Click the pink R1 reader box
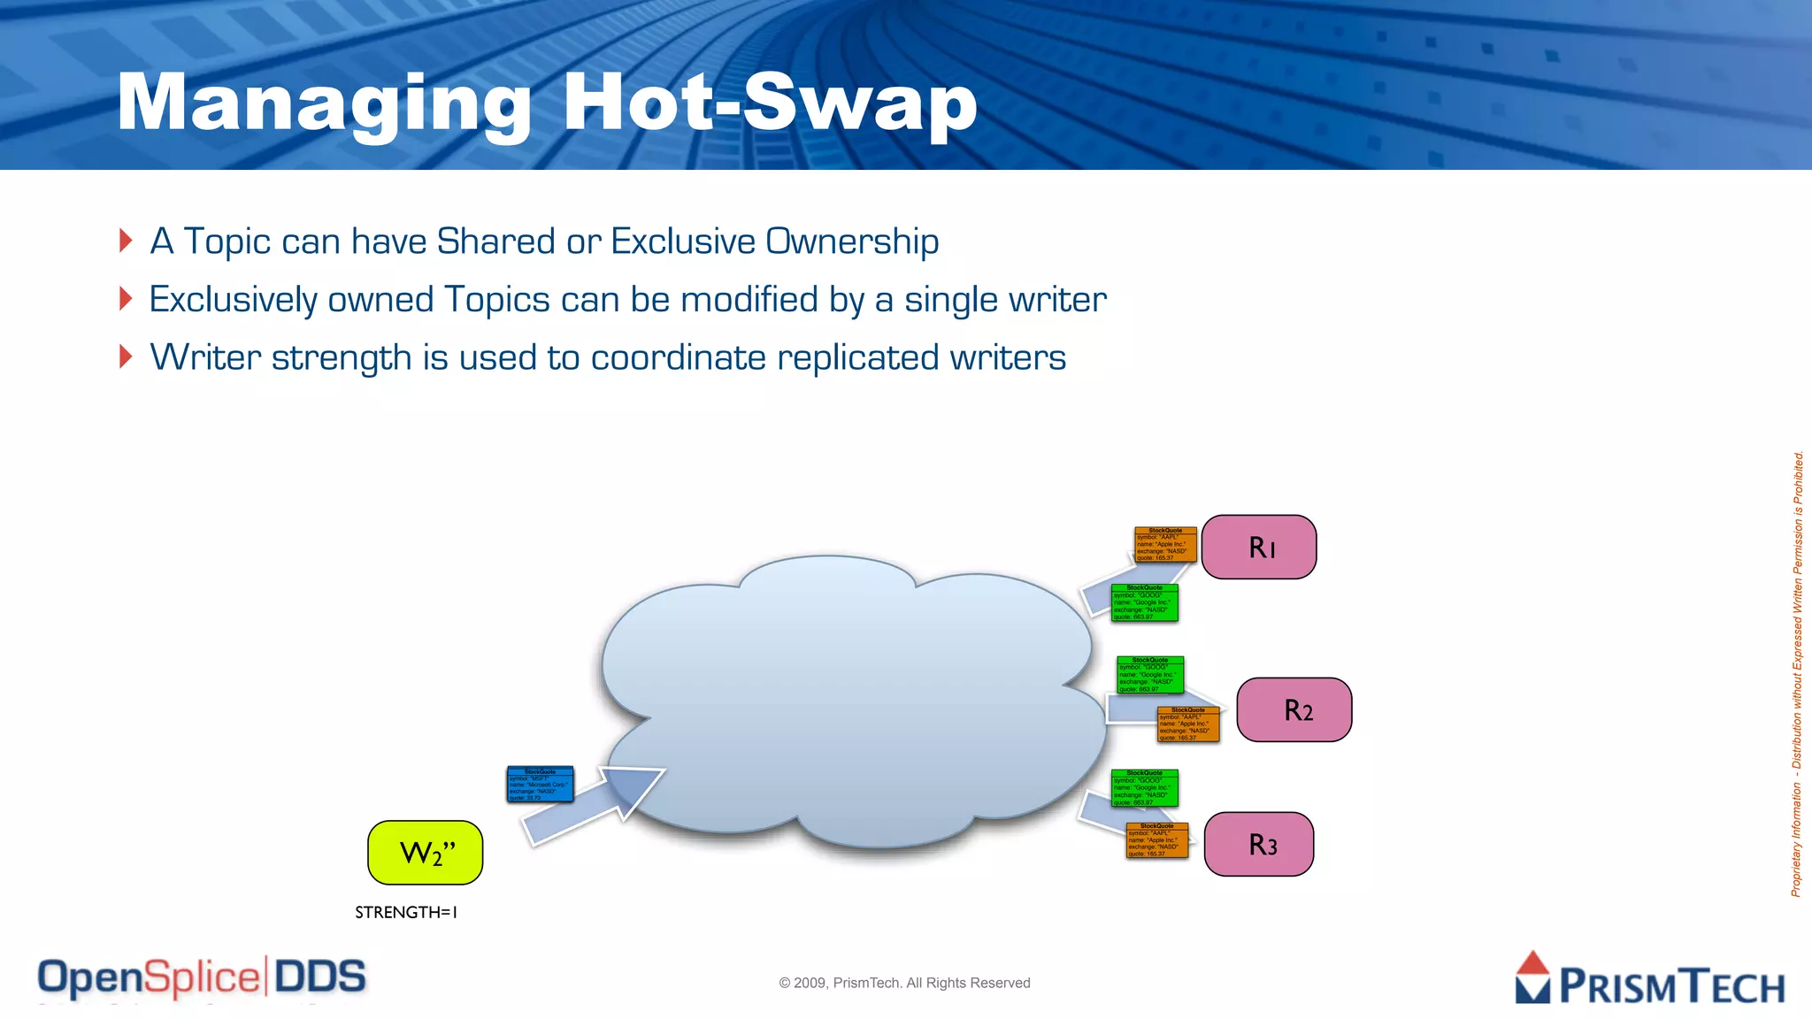(x=1258, y=548)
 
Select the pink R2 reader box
(x=1294, y=709)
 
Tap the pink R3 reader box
(x=1258, y=845)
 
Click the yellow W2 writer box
(x=426, y=853)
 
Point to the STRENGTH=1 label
(x=406, y=912)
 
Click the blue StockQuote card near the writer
(x=540, y=784)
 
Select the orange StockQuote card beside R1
(x=1165, y=545)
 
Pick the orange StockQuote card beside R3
(x=1156, y=840)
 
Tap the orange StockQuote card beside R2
(x=1188, y=724)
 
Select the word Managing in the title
(x=324, y=104)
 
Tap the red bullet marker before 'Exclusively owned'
(x=126, y=299)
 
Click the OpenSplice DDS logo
(x=202, y=978)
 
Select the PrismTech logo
(x=1649, y=979)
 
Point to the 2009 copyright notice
(x=904, y=983)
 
